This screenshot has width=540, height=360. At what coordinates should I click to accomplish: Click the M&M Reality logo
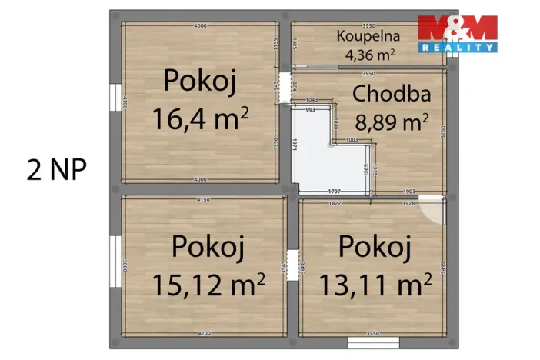click(457, 33)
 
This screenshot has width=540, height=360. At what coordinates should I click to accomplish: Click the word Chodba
click(391, 95)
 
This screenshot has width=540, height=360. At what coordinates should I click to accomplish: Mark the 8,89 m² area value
click(391, 122)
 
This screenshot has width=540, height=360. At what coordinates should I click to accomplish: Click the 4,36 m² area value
click(369, 54)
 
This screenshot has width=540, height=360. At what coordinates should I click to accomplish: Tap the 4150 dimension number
click(203, 200)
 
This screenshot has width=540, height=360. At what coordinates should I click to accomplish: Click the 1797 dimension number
click(334, 191)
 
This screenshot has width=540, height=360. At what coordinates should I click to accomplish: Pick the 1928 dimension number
click(408, 204)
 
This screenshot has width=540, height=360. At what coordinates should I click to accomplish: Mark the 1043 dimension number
click(312, 101)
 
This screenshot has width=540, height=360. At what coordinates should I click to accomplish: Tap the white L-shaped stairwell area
click(312, 154)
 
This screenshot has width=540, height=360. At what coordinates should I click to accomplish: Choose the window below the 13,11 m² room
click(368, 342)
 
